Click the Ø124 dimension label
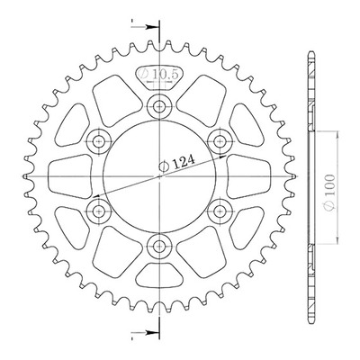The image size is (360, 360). point(176,163)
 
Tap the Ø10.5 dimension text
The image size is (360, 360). point(159,74)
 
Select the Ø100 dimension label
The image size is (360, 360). point(329,193)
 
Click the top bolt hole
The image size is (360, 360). point(158,106)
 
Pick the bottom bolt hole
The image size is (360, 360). point(158,247)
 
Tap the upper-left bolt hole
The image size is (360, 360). point(98,141)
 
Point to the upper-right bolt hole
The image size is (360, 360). point(220,140)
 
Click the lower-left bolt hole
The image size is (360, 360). point(98,211)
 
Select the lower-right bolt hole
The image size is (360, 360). point(220,211)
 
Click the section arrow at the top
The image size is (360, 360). point(145,27)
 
